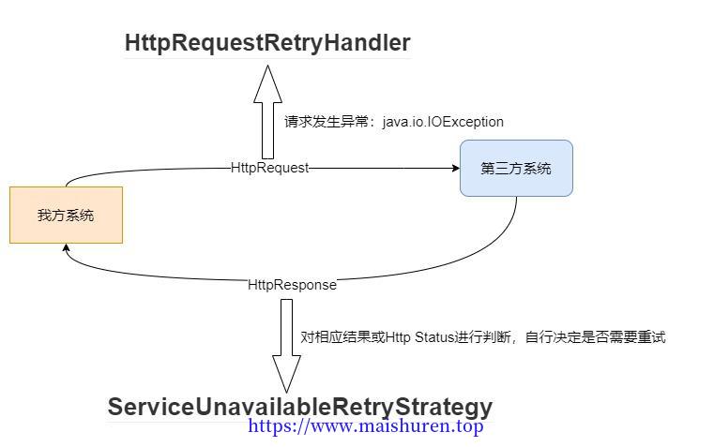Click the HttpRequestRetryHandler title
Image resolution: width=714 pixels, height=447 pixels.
point(267,43)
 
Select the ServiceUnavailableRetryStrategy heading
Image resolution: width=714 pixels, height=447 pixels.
point(300,407)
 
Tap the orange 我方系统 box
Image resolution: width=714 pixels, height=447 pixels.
point(66,215)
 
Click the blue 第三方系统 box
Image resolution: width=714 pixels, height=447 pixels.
point(516,169)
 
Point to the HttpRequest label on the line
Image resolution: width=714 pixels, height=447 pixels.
point(269,168)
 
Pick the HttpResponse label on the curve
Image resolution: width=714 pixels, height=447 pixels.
point(292,285)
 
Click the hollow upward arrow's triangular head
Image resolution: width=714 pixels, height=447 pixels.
point(267,84)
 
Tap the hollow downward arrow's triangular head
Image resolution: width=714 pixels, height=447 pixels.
point(286,374)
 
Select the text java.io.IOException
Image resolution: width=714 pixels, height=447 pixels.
point(443,122)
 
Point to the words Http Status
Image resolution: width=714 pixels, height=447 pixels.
point(419,337)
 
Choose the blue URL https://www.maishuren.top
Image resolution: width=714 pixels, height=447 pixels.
point(366,426)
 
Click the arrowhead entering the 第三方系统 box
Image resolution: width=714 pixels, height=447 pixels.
point(456,169)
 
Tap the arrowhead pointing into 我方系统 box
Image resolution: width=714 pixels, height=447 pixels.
point(66,247)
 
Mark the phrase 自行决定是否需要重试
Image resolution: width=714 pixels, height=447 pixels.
point(595,337)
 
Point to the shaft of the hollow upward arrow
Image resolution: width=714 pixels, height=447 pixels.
point(267,130)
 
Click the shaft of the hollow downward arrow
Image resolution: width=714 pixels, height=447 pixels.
point(286,327)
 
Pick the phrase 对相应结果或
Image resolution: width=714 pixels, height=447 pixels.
point(342,337)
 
